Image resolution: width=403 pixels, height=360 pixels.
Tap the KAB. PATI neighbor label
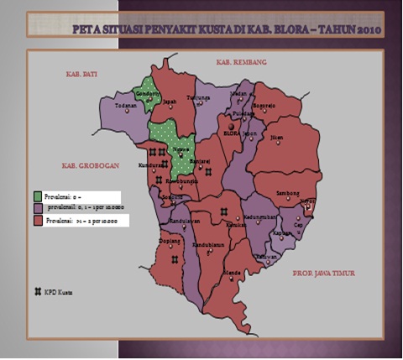coord(82,75)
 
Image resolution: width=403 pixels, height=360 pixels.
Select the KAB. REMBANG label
coord(241,63)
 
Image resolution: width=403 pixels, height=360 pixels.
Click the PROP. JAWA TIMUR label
coord(324,274)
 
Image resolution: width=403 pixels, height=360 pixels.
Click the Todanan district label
coord(125,107)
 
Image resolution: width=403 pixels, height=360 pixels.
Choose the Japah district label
coord(168,102)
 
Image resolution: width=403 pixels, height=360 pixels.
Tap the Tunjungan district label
coord(197,98)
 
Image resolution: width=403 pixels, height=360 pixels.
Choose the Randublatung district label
coord(207,244)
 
